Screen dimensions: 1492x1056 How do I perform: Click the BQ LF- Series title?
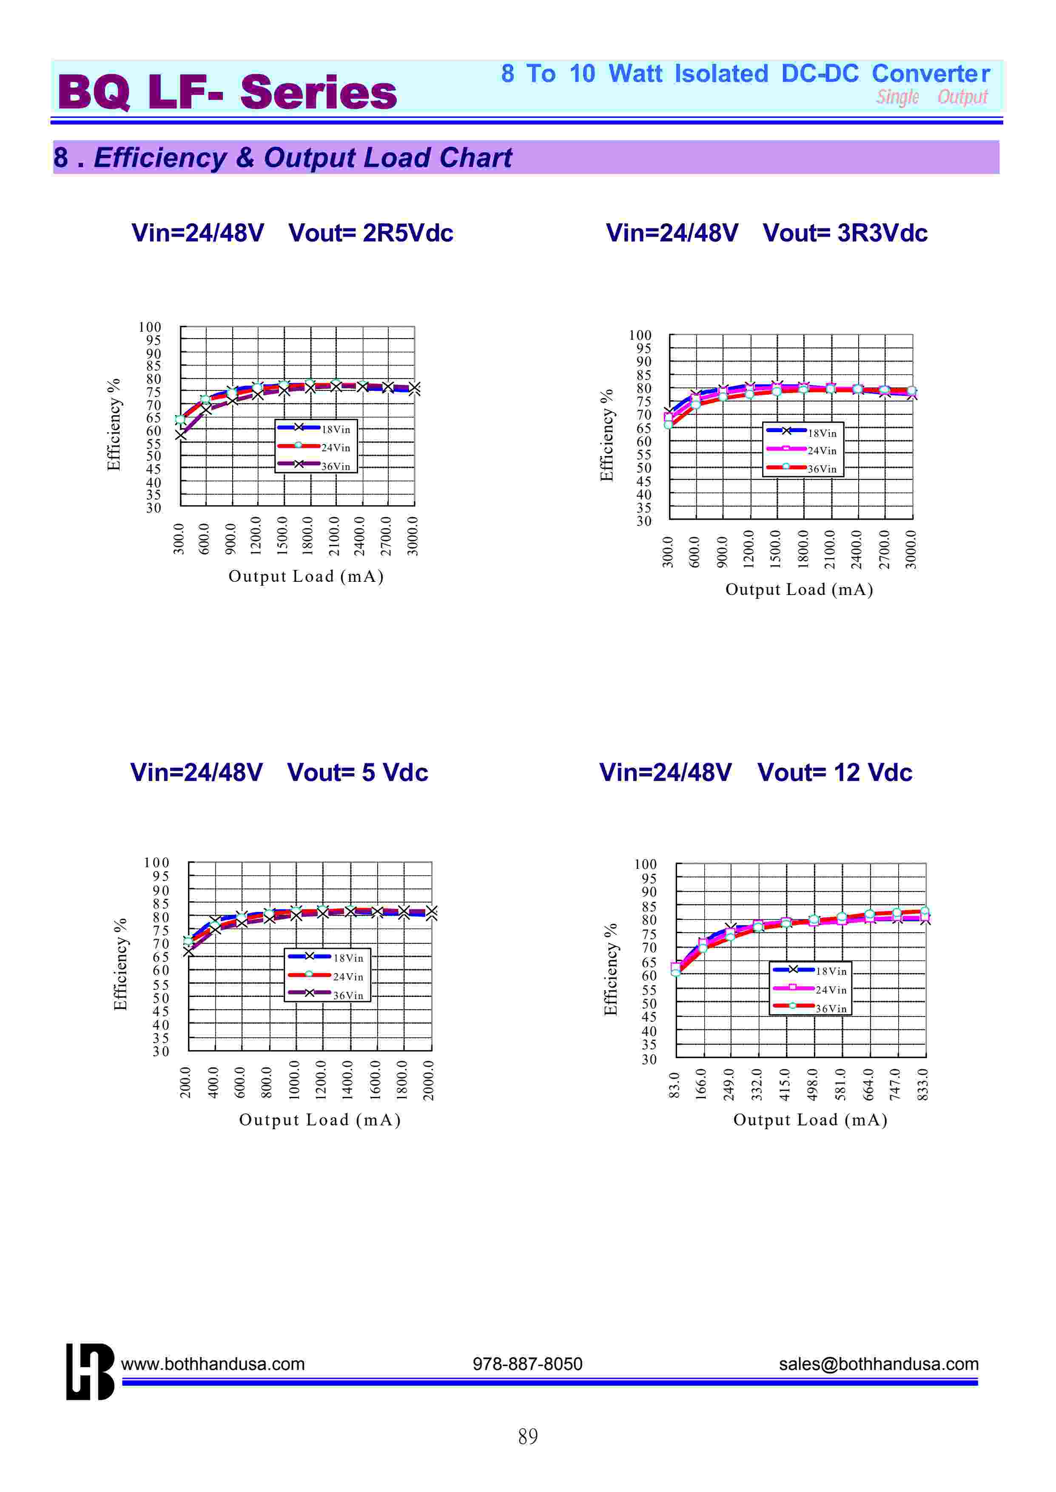(x=227, y=92)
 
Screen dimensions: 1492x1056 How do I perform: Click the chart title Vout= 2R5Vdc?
(x=370, y=233)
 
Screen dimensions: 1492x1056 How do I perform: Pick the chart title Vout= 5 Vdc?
(x=358, y=772)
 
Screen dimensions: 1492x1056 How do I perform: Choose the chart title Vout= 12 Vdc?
(x=835, y=772)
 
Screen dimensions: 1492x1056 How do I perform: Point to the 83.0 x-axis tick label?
(x=675, y=1086)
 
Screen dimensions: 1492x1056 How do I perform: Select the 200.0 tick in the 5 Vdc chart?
(x=186, y=1082)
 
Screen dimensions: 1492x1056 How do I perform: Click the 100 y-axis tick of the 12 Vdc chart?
(x=645, y=864)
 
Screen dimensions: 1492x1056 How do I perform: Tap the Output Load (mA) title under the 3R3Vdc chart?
(x=799, y=589)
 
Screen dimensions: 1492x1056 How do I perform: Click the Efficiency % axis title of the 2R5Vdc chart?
(x=114, y=424)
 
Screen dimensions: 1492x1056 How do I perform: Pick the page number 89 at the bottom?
(x=528, y=1436)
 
